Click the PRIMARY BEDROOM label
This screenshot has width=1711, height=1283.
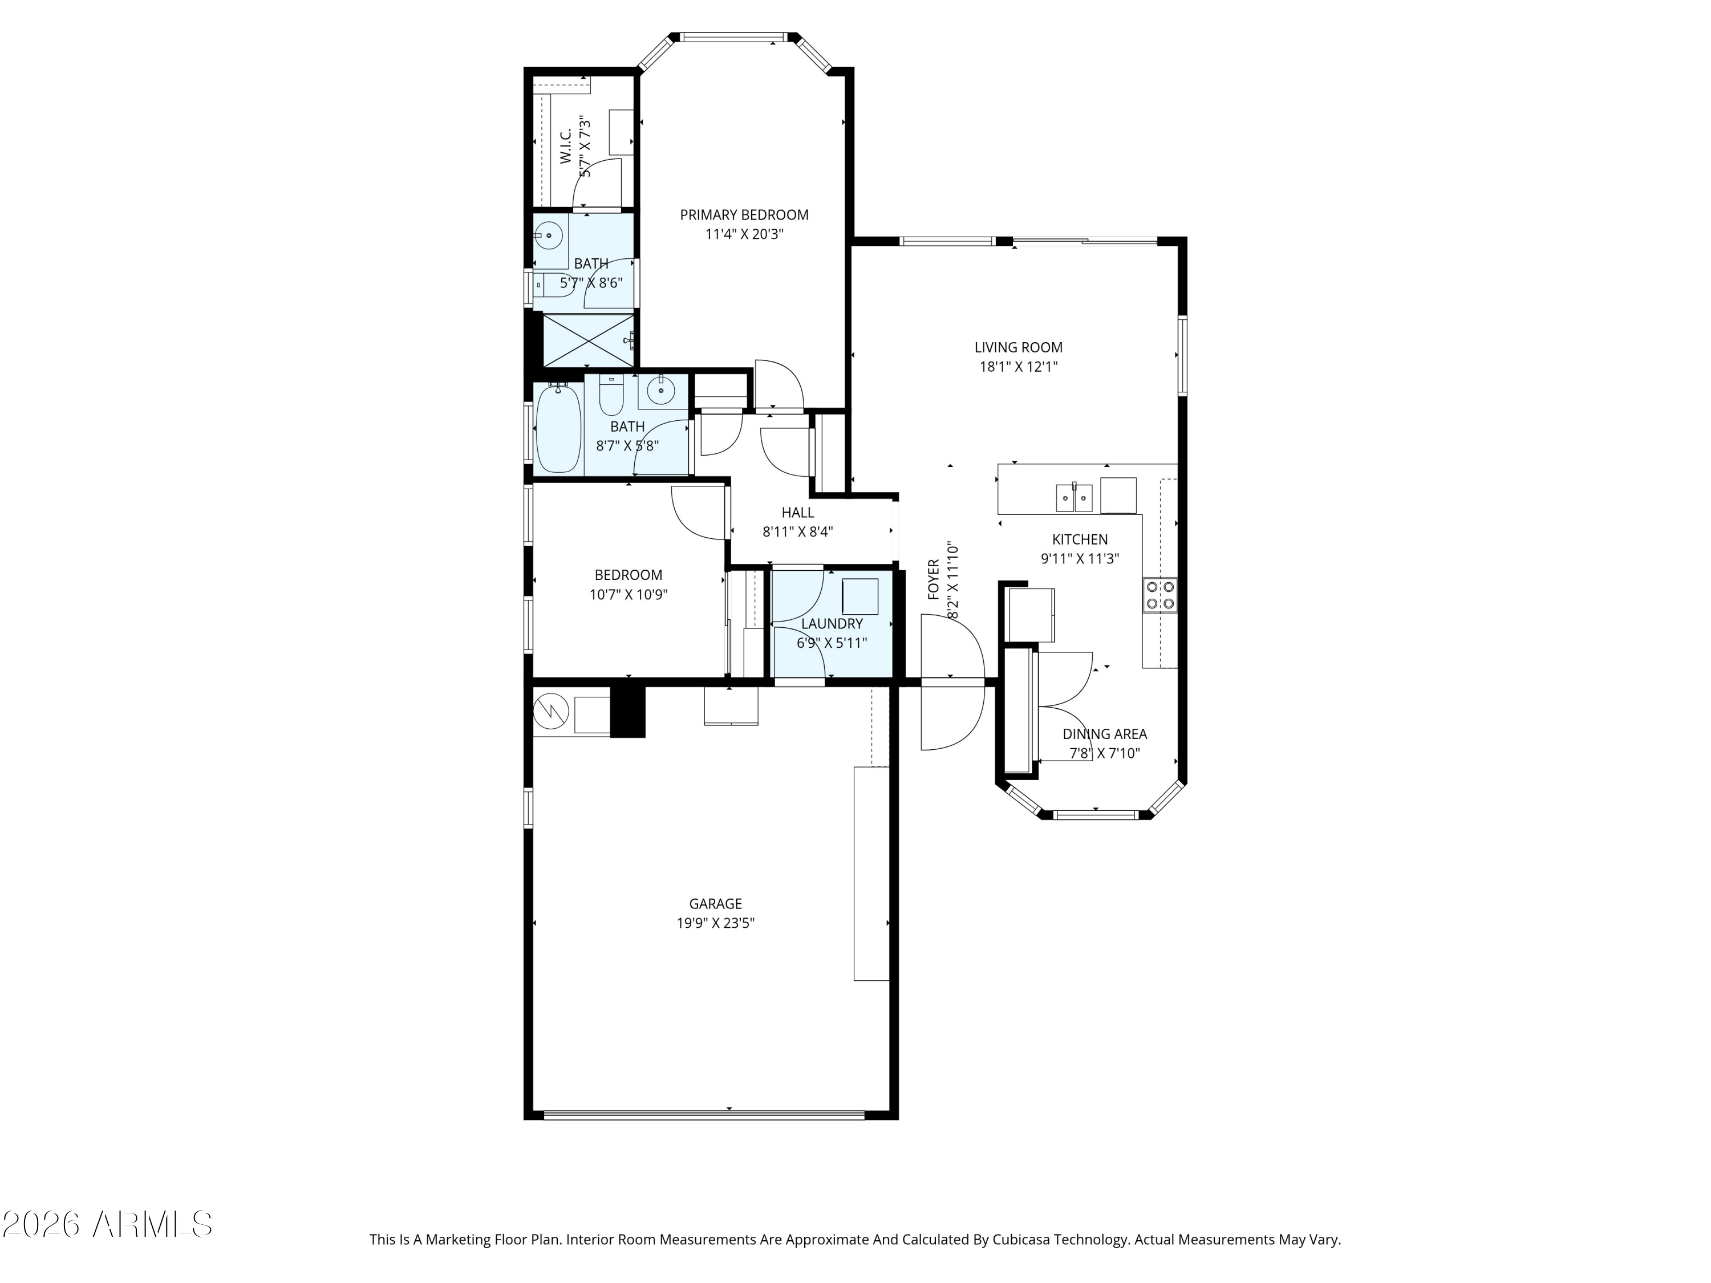pos(744,215)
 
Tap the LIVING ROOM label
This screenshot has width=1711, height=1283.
pos(1018,348)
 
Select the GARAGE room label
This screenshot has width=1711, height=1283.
pos(716,903)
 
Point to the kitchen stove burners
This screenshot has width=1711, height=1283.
pos(1160,595)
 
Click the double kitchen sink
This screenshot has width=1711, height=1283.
pos(1075,497)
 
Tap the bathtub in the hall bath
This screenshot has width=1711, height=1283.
pos(558,427)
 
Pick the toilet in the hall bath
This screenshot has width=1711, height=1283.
pos(611,395)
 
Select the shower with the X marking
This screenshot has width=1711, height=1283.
pos(589,340)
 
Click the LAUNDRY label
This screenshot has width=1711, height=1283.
pos(832,623)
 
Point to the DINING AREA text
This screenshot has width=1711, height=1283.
pos(1105,734)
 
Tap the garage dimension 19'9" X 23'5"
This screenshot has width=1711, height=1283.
pos(716,923)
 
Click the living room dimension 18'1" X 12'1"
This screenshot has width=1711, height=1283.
pos(1018,367)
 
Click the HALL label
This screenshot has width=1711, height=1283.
pos(797,512)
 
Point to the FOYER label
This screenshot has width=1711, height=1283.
pos(934,579)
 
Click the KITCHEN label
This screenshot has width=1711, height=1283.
pos(1080,540)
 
